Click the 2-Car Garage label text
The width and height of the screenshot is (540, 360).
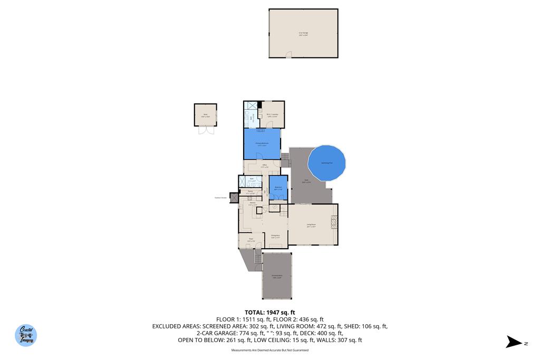(x=303, y=34)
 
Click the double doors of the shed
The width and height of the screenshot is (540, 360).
(x=205, y=130)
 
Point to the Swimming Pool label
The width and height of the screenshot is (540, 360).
(x=326, y=163)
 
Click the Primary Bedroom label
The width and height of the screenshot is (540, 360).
(x=262, y=144)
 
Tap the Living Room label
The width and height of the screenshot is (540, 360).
(x=311, y=225)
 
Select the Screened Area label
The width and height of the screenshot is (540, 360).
(x=277, y=276)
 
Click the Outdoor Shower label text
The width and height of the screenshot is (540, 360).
(x=220, y=198)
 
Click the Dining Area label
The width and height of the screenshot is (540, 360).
(x=275, y=236)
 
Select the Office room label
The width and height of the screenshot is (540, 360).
(x=264, y=167)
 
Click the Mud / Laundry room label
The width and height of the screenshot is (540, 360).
(x=272, y=114)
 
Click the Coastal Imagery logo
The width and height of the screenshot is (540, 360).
(x=26, y=335)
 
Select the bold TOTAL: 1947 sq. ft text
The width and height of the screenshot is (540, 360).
(x=270, y=312)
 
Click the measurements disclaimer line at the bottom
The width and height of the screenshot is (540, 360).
(x=270, y=350)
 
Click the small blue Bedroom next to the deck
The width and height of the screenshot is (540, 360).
(x=277, y=188)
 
